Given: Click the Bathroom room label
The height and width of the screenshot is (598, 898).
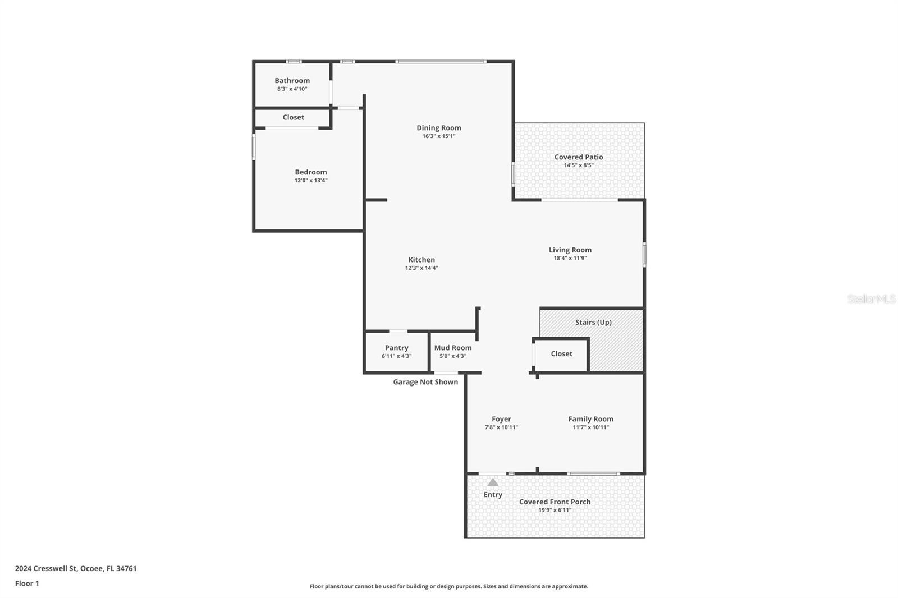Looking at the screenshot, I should (x=292, y=81).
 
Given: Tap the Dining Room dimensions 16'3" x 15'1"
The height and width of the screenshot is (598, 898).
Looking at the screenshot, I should (x=439, y=136).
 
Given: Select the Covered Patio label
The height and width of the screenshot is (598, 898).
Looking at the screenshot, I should (x=579, y=157).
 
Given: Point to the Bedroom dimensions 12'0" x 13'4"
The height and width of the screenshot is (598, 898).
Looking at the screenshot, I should (x=311, y=181).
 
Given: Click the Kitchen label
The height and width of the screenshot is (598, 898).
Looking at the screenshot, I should (x=421, y=260).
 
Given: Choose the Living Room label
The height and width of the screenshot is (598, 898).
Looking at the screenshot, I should (x=570, y=250).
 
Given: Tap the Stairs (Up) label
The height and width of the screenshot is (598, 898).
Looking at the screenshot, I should (x=593, y=323).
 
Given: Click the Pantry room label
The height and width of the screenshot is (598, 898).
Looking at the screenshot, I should (x=397, y=348).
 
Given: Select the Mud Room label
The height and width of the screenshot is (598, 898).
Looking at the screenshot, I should (x=453, y=348).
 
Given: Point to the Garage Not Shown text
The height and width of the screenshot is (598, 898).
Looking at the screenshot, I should (x=425, y=382).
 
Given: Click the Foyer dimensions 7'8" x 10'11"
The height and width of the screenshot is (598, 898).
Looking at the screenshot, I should (x=501, y=427).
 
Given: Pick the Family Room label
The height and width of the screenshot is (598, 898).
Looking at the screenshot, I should (x=590, y=419).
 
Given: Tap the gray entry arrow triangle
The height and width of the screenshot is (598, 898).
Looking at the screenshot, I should (x=493, y=482).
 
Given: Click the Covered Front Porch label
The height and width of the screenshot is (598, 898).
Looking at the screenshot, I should (x=555, y=502).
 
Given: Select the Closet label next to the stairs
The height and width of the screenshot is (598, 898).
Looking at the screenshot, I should (x=561, y=354).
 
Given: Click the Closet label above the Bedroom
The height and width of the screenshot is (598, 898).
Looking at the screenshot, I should (x=293, y=118).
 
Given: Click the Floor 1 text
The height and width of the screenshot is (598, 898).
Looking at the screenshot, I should (x=27, y=583).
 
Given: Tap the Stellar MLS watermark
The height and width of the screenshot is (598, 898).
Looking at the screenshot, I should (x=871, y=300).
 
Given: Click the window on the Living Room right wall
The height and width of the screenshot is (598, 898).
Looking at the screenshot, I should (x=644, y=254).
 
